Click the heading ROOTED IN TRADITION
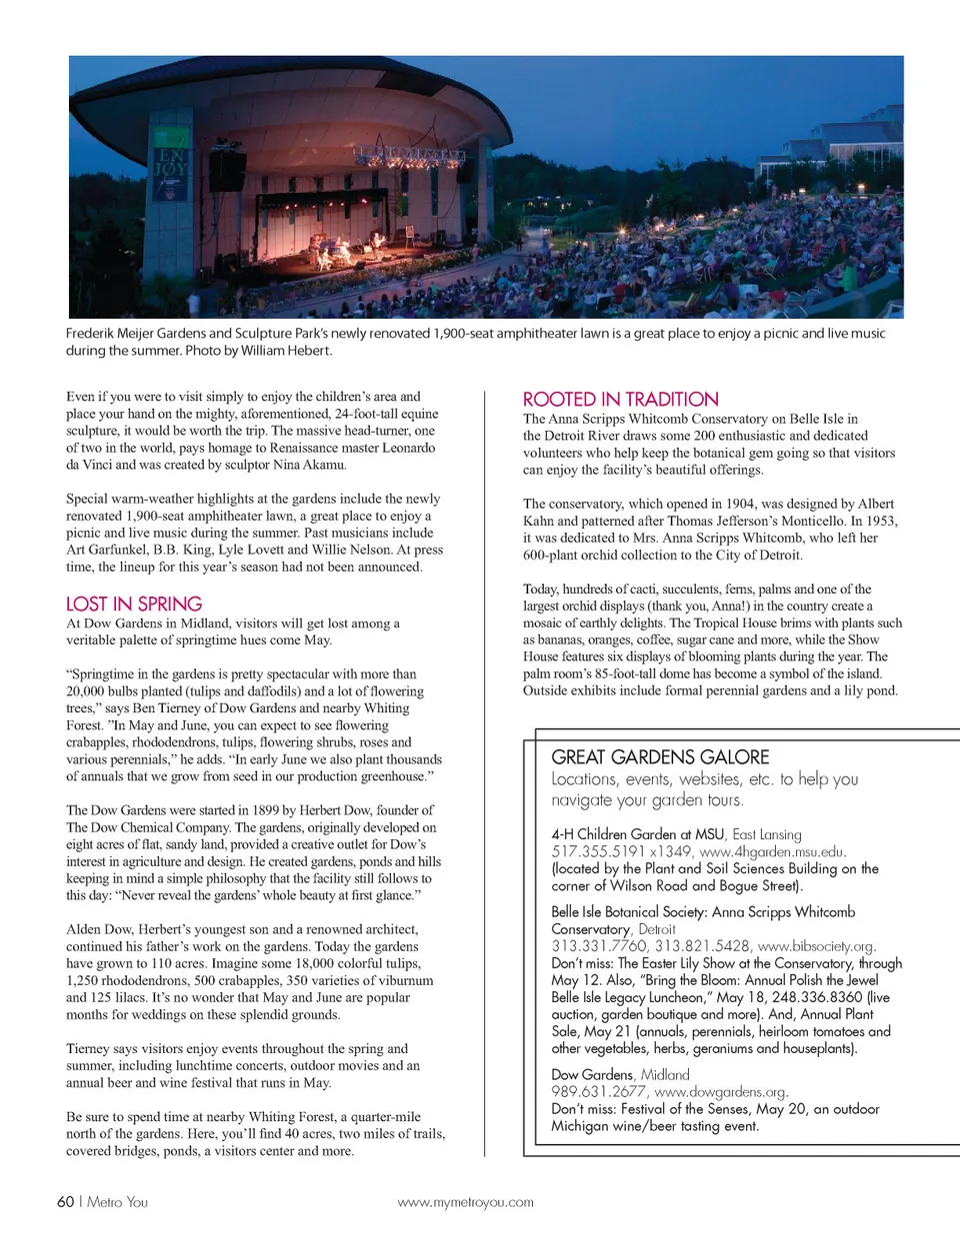620,400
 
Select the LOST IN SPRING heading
134,604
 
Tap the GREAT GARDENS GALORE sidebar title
660,757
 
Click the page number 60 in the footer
65,1202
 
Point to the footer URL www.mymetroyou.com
465,1203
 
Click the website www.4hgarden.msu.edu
772,852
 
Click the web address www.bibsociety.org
816,946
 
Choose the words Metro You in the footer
117,1202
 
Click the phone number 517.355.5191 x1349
621,852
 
